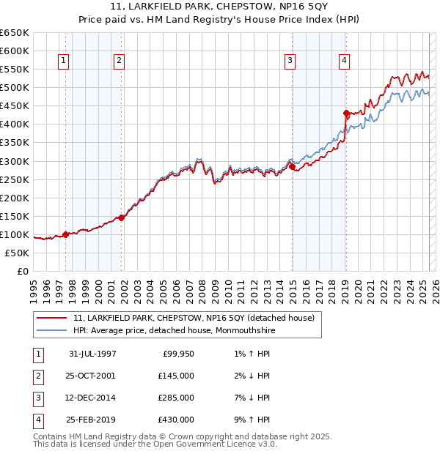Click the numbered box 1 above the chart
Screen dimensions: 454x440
(64, 62)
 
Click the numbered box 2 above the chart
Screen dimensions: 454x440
(119, 62)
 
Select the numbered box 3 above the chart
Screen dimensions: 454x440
(290, 62)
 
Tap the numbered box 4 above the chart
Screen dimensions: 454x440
(344, 62)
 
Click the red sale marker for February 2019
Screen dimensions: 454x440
(346, 113)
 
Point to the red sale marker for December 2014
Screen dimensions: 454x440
(292, 166)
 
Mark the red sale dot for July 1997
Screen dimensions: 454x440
(66, 234)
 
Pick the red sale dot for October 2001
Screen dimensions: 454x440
(121, 217)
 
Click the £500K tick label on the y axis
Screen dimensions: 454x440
(15, 88)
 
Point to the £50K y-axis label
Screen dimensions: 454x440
(17, 253)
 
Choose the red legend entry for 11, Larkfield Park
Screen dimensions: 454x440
(194, 318)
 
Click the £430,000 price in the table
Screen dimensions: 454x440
(176, 420)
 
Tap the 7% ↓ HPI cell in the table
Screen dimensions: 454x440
(249, 398)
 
